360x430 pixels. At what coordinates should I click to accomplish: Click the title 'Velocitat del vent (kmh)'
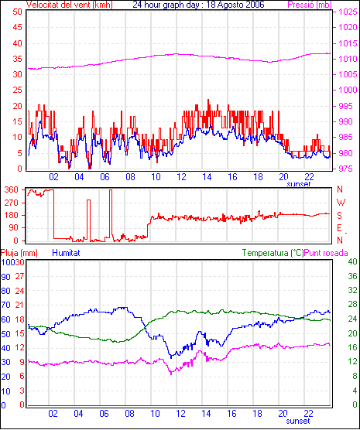tap(70, 5)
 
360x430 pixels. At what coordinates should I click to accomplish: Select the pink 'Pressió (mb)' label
tap(310, 5)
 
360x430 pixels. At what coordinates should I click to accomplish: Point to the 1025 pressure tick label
tap(348, 12)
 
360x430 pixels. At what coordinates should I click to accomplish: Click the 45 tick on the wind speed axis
tap(17, 27)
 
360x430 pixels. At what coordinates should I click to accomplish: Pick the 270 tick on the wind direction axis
tap(12, 203)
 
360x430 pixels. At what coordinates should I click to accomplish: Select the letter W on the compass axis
tap(341, 203)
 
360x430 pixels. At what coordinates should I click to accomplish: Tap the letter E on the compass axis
tap(339, 228)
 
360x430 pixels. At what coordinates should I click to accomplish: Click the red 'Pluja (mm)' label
tap(19, 253)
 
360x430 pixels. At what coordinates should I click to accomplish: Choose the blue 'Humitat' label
tap(66, 253)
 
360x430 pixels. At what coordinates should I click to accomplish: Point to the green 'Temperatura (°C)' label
tap(273, 253)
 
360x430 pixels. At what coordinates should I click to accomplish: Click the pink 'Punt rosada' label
tap(326, 253)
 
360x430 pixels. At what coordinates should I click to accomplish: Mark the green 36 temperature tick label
tap(352, 276)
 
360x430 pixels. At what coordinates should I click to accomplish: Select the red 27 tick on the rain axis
tap(20, 276)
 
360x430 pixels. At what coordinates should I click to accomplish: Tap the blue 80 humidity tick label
tap(5, 291)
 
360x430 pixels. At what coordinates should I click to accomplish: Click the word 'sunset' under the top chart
tap(299, 184)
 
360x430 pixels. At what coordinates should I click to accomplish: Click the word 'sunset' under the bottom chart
tap(298, 421)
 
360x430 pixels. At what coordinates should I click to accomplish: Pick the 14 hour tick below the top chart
tap(207, 177)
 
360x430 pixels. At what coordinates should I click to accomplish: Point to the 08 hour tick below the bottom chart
tap(129, 413)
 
